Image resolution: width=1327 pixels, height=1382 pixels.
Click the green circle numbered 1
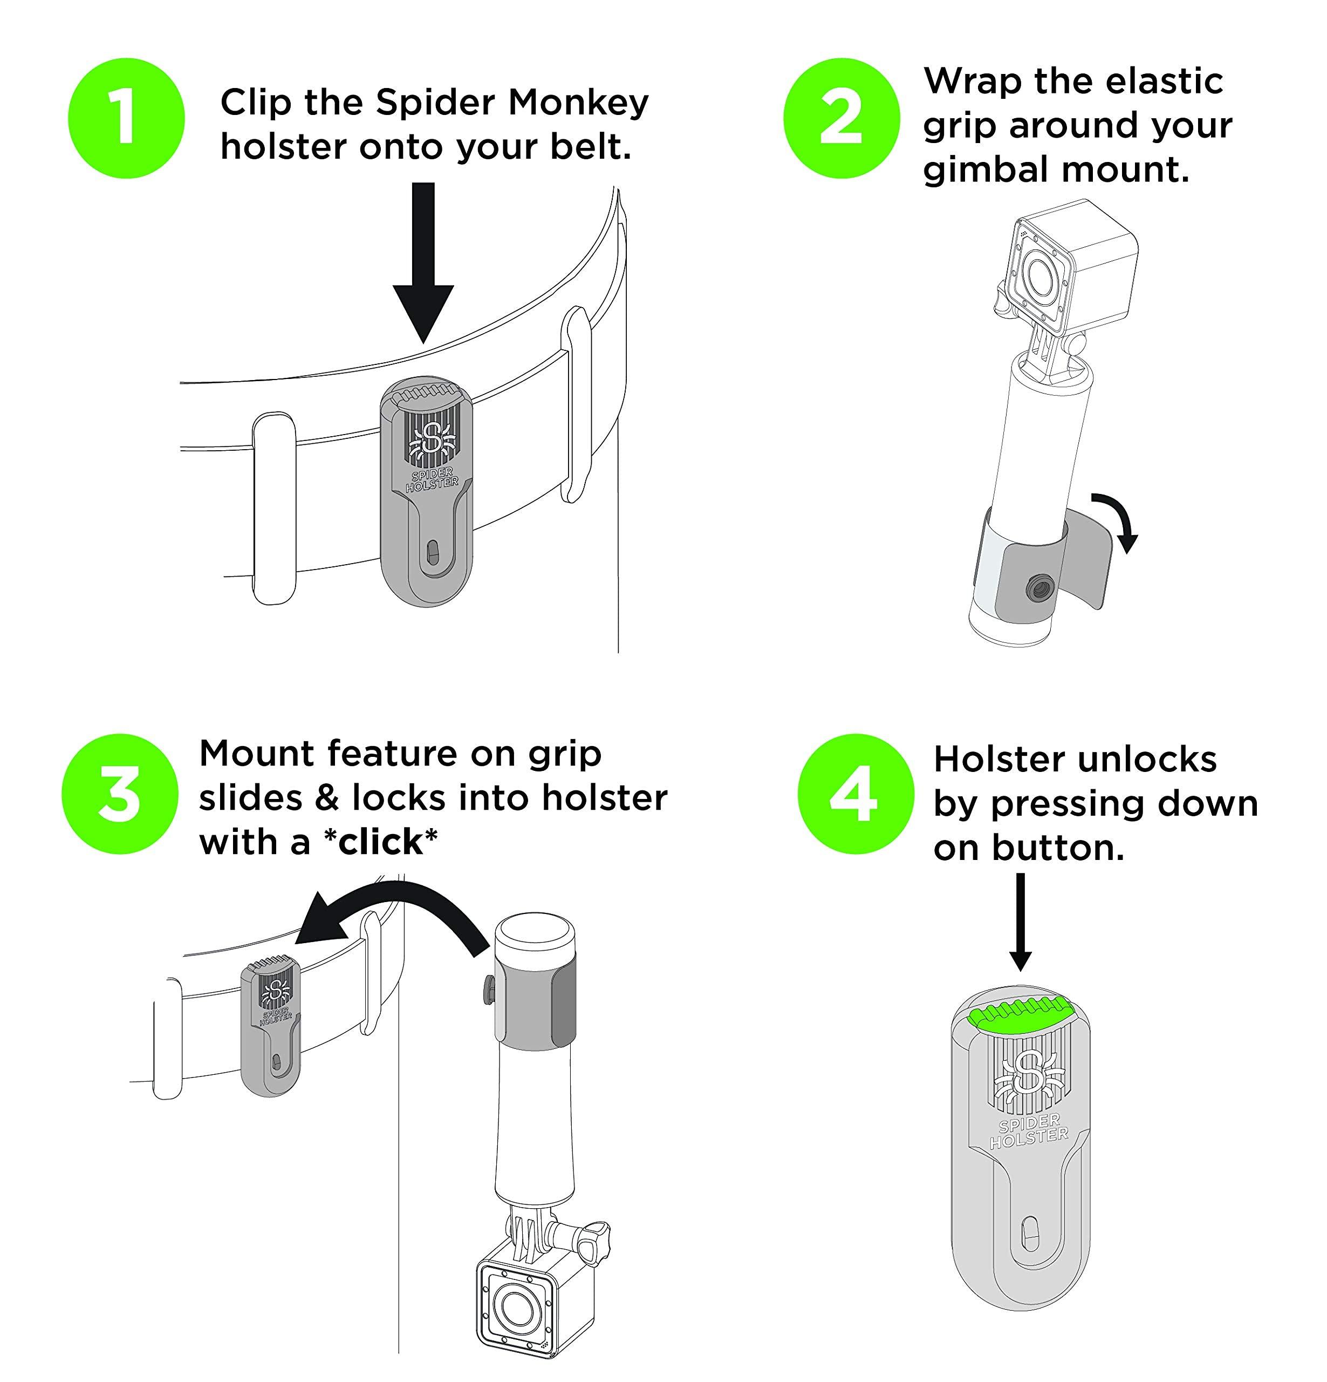coord(126,118)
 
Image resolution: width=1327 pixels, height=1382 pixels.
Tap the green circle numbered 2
coord(841,118)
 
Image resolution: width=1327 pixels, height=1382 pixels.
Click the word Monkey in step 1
coord(578,103)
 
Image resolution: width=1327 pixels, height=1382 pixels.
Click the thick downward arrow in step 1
coord(423,268)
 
